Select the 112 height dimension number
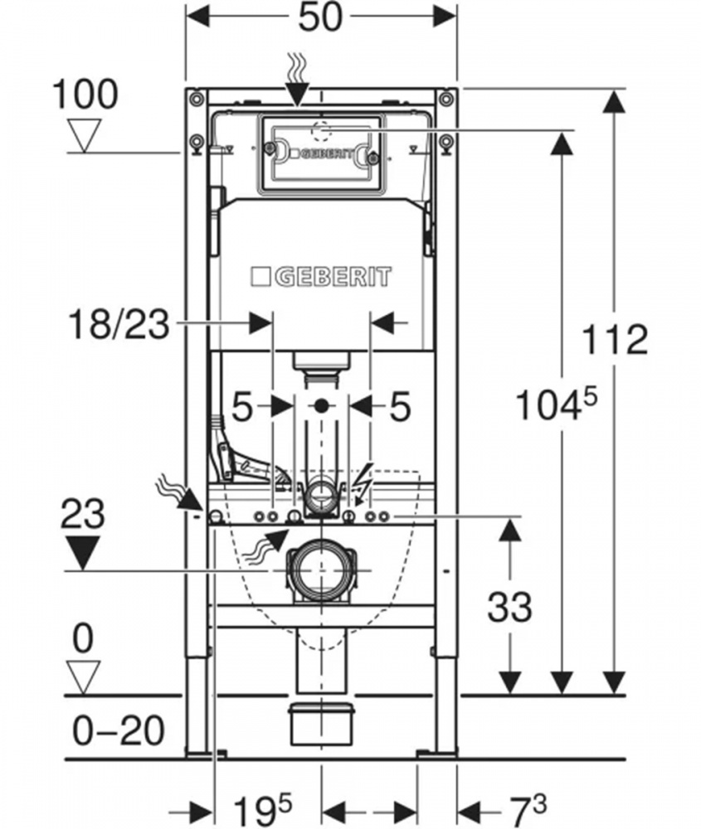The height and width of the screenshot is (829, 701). [x=614, y=339]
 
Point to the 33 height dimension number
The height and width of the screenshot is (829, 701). [x=509, y=608]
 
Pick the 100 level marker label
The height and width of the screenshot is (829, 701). [x=85, y=95]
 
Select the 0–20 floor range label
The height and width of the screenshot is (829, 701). [x=118, y=731]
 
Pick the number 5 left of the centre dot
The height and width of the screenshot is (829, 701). [x=241, y=407]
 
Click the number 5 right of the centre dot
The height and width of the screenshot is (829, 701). [x=400, y=407]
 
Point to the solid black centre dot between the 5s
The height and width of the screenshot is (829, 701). [x=321, y=406]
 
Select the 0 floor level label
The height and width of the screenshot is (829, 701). [x=84, y=639]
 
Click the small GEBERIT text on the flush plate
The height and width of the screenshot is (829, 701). [x=326, y=154]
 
